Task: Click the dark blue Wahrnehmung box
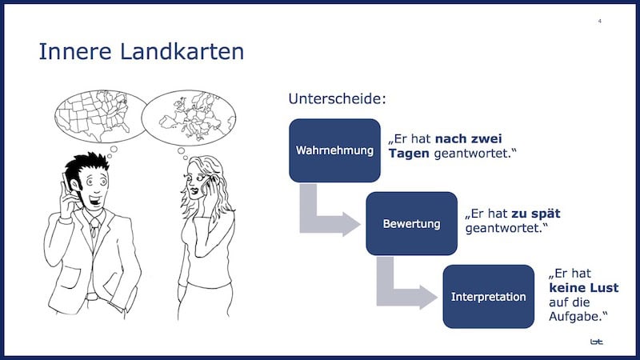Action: pos(334,150)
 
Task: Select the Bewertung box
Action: pos(411,223)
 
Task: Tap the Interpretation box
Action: pos(488,296)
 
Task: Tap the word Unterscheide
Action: pos(337,99)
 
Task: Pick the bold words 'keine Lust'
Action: pos(584,288)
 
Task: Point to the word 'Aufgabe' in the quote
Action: pos(574,317)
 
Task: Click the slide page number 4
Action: pos(600,21)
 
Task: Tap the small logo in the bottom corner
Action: pos(596,342)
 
